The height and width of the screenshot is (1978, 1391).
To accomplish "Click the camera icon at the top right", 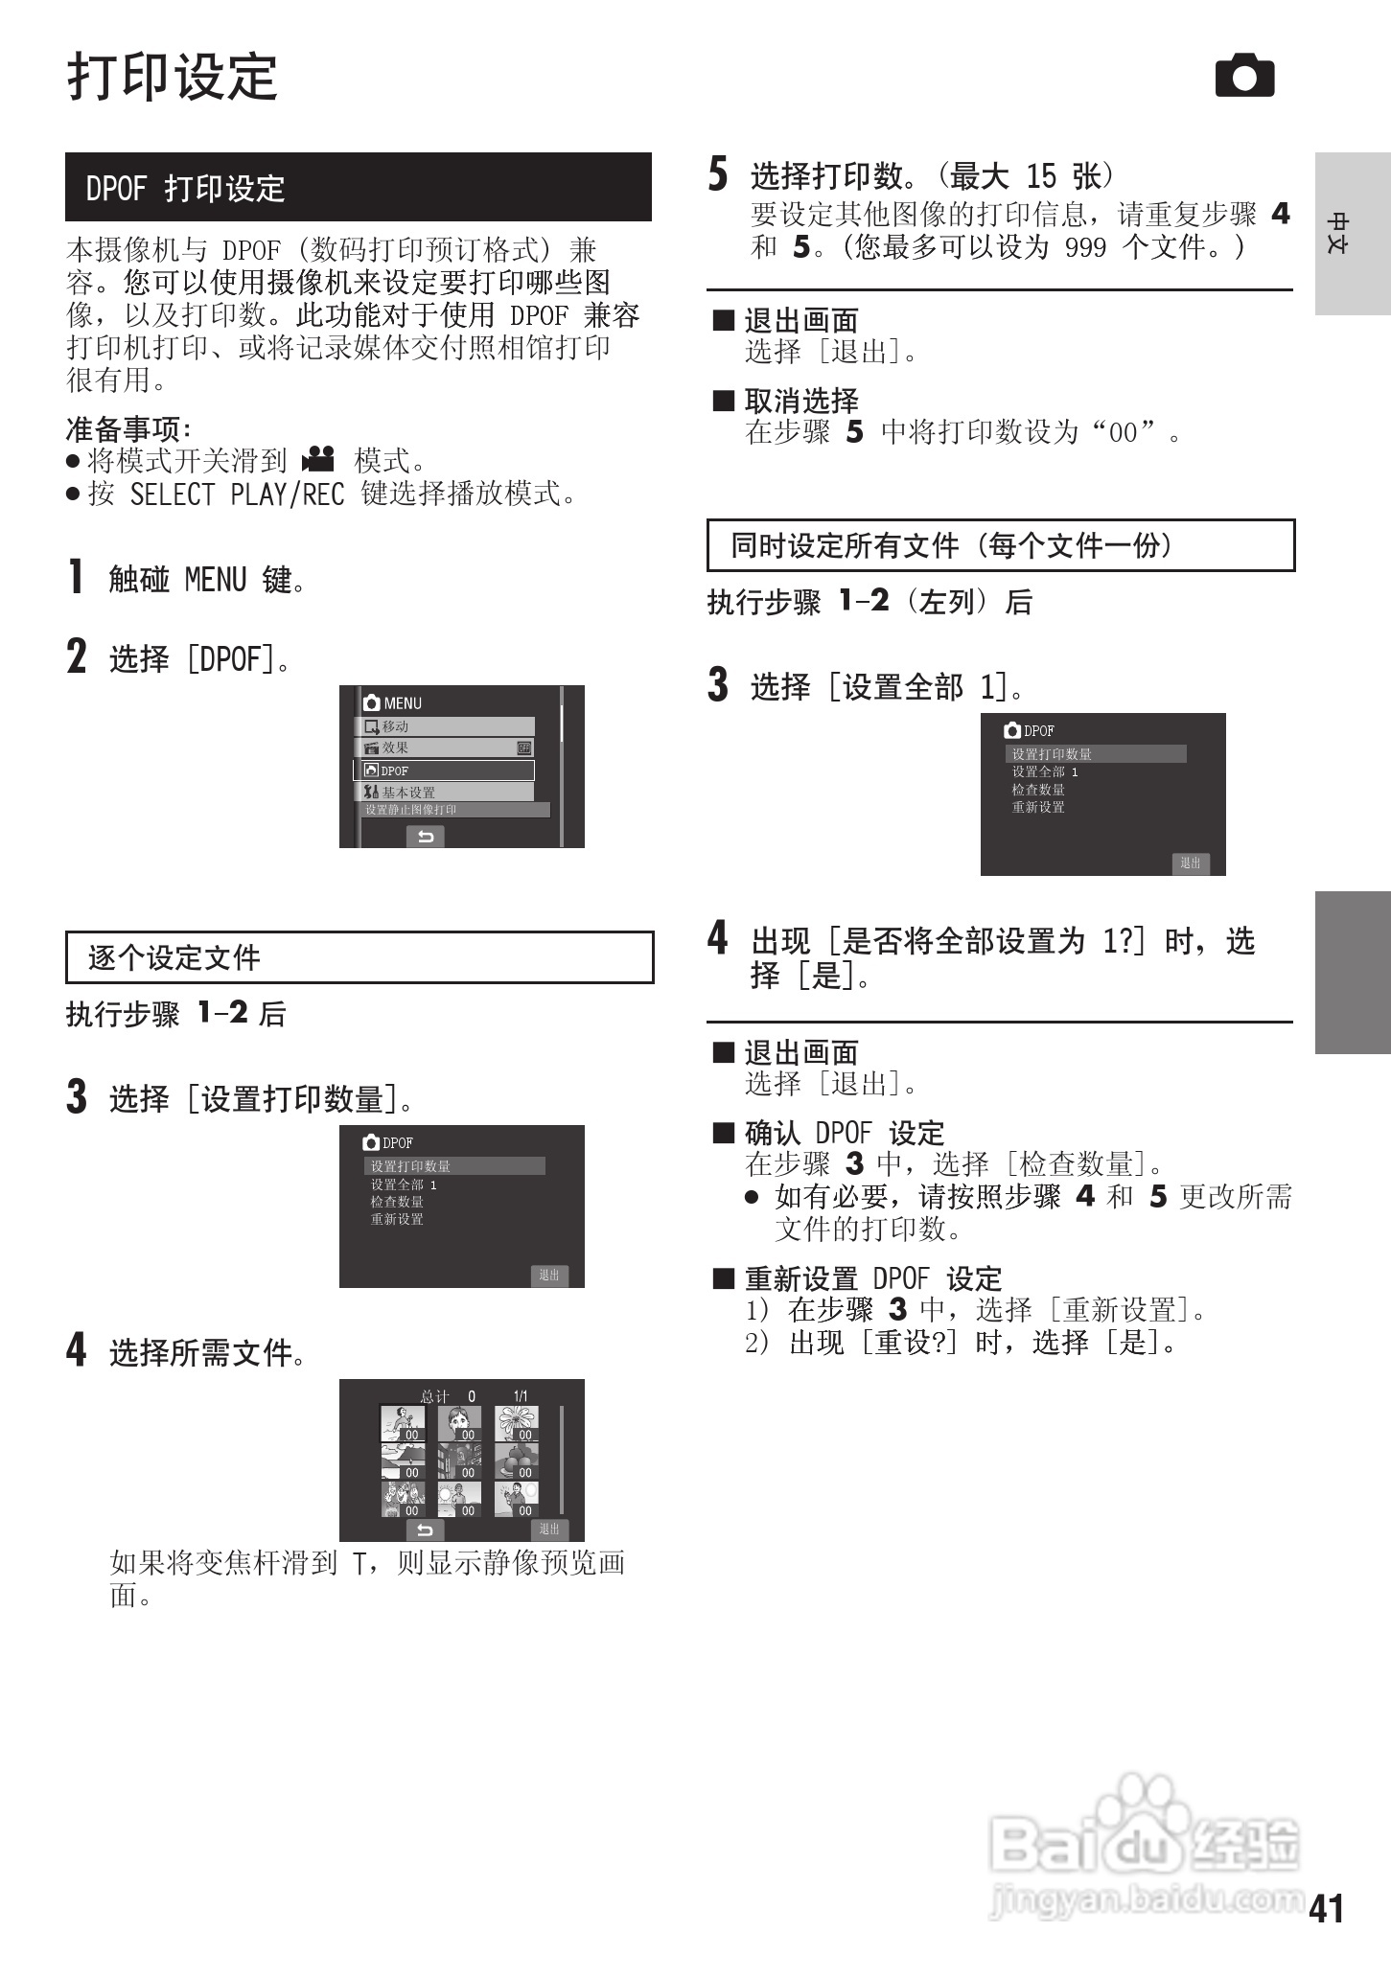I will click(x=1244, y=77).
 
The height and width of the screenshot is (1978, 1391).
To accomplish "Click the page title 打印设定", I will click(x=173, y=77).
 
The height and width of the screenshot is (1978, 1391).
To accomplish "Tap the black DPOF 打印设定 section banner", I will click(x=358, y=187).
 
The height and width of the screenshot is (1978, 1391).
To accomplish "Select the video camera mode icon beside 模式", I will click(x=318, y=460).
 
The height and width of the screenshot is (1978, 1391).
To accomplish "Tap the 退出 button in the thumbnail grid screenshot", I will click(x=549, y=1529).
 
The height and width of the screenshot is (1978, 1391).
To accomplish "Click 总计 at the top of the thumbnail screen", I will click(x=434, y=1396).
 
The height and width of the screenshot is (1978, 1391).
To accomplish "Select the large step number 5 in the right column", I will click(x=718, y=174).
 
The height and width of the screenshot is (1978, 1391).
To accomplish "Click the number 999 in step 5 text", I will click(x=1085, y=248).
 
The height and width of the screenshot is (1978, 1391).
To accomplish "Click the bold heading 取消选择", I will click(x=801, y=401).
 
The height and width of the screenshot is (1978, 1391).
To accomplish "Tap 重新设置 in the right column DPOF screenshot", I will click(x=1038, y=807).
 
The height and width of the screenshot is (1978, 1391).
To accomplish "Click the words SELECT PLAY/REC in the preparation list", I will click(x=237, y=494).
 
